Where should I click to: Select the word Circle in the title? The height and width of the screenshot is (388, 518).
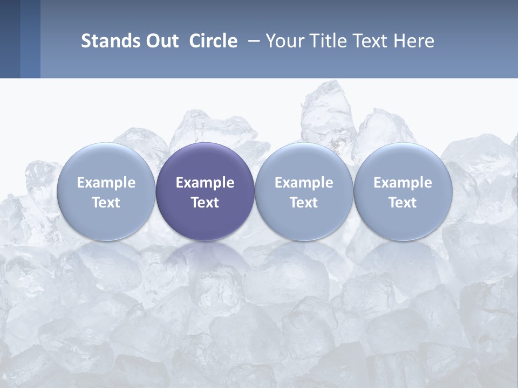(x=213, y=41)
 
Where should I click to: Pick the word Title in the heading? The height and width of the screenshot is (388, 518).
(x=328, y=41)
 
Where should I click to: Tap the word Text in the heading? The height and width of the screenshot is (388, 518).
(x=374, y=41)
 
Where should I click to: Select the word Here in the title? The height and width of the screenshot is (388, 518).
(x=415, y=41)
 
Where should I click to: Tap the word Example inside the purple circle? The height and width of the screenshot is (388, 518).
(x=205, y=183)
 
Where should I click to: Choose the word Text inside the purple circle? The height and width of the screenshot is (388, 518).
(x=205, y=203)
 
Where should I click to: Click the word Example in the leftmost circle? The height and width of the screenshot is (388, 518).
(x=106, y=183)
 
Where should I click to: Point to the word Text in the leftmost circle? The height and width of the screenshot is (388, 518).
(x=106, y=203)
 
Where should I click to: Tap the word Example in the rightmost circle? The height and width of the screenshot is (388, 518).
(x=403, y=183)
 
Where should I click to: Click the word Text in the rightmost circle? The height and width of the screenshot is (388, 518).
(x=403, y=203)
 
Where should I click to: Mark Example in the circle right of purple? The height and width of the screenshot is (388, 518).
(x=304, y=183)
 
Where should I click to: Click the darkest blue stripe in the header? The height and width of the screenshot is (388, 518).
(x=10, y=39)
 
